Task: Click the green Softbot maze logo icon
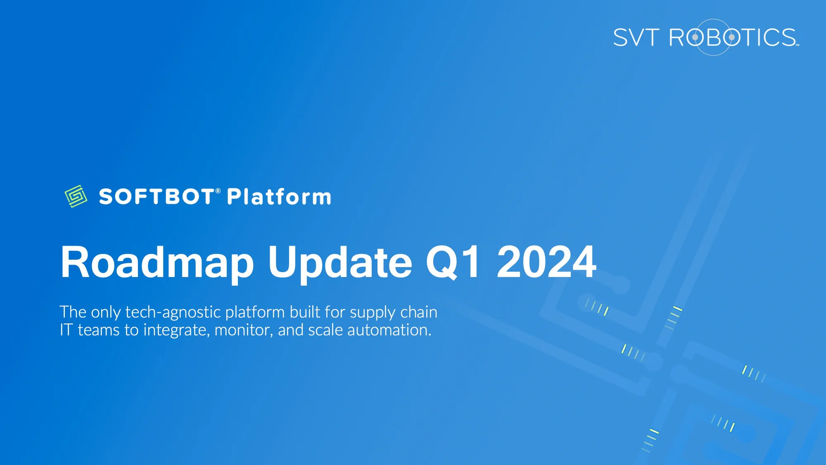[x=76, y=196]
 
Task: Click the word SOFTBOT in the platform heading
[x=157, y=197]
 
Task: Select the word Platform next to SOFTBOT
[x=279, y=197]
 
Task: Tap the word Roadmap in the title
[x=157, y=262]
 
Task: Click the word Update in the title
[x=340, y=262]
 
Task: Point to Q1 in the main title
[x=453, y=262]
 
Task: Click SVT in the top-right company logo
[x=636, y=38]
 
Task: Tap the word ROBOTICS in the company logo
[x=733, y=38]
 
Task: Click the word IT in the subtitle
[x=66, y=330]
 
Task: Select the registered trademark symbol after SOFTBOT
[x=218, y=191]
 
